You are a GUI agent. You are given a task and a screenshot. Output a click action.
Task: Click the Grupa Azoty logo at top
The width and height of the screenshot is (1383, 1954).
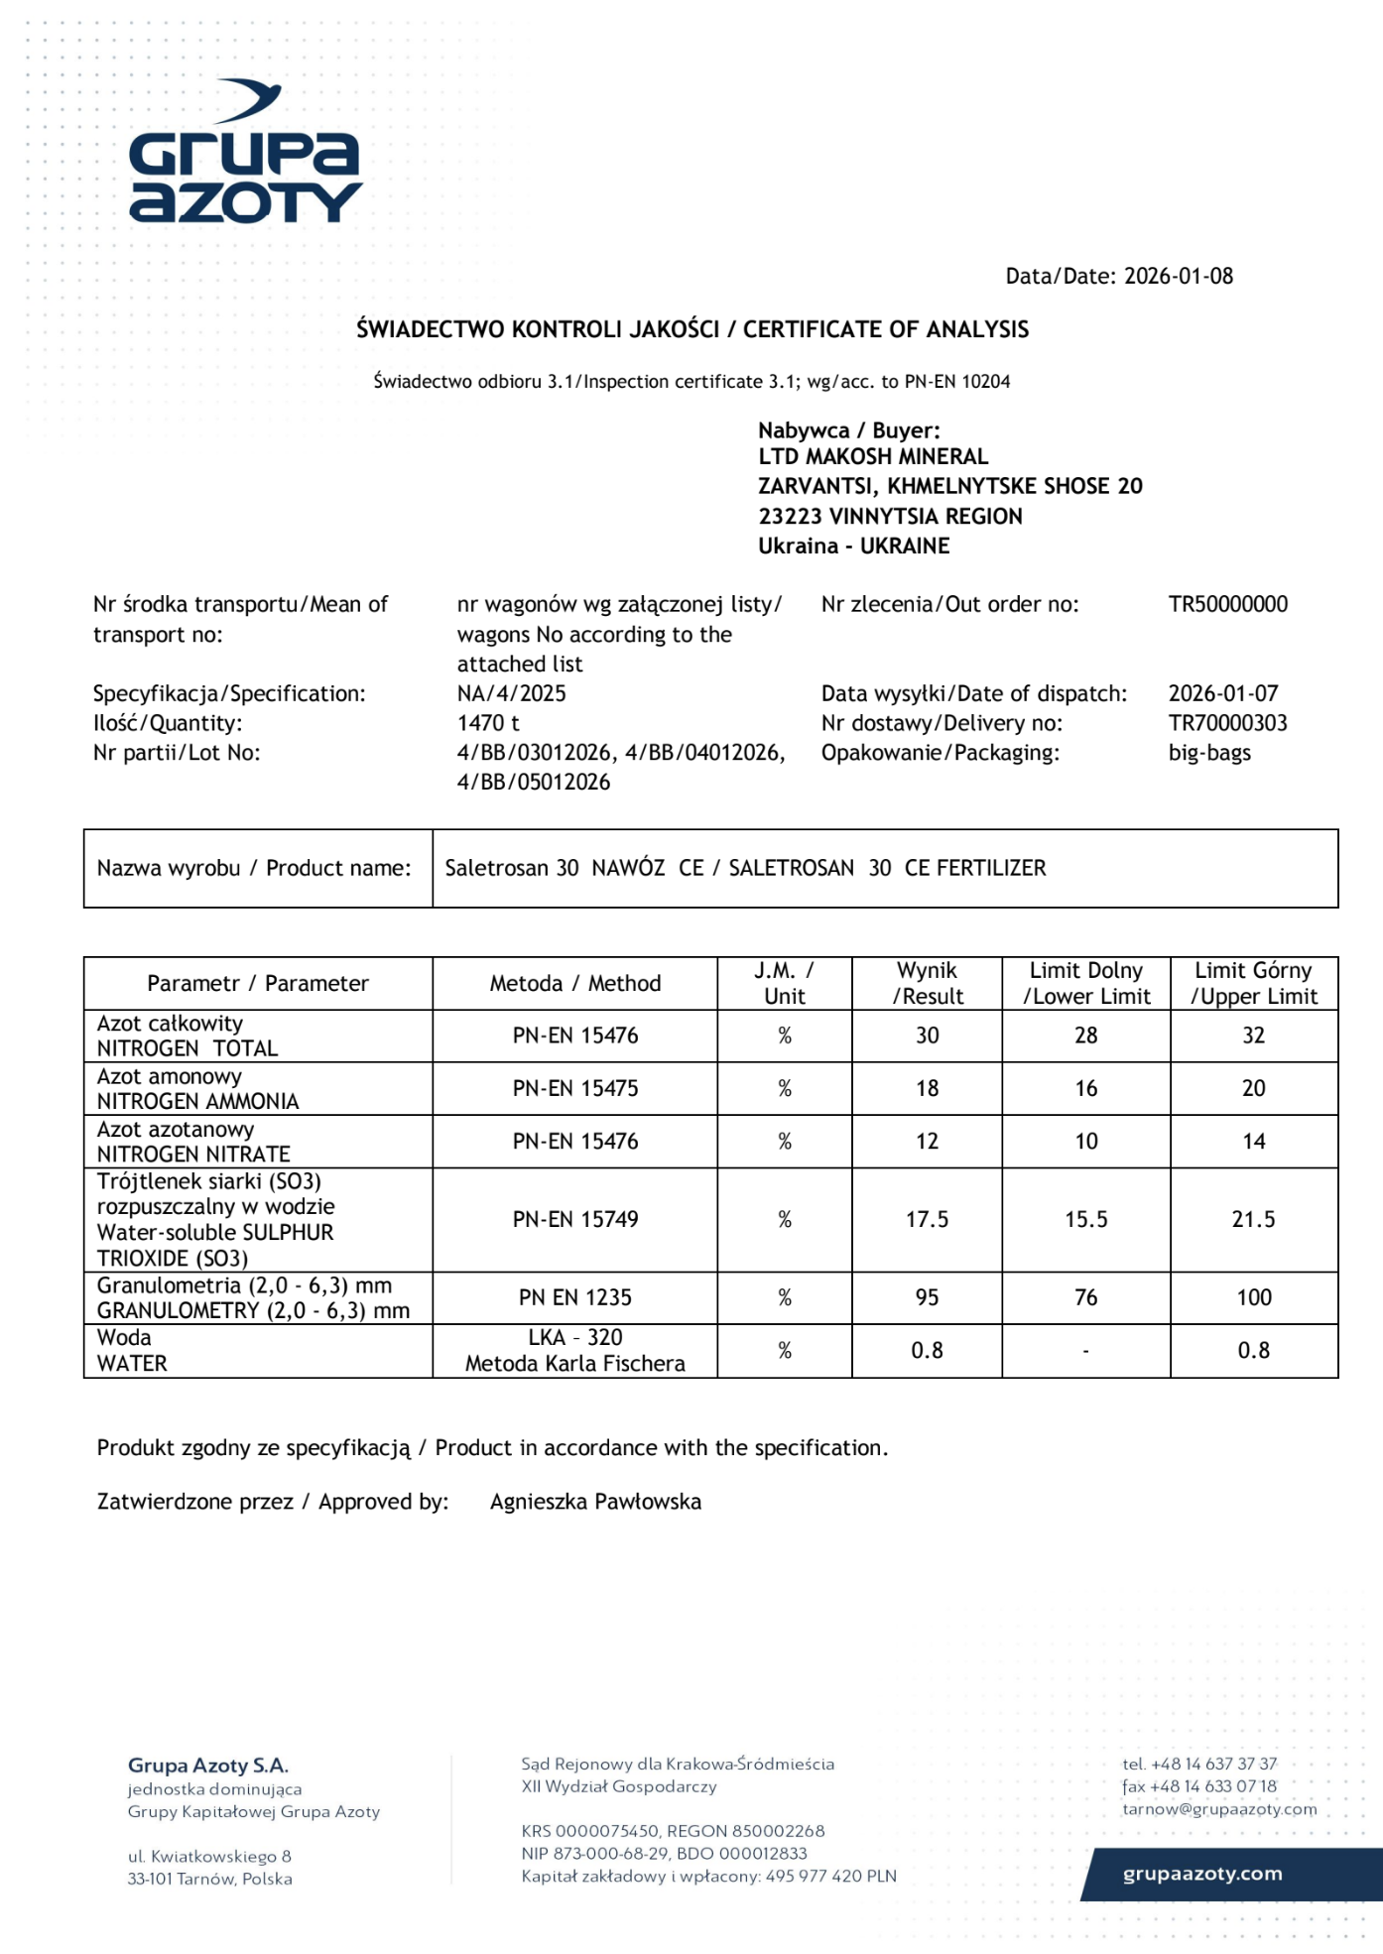point(245,153)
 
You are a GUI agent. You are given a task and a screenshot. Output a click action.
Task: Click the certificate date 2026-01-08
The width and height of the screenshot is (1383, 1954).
point(1178,277)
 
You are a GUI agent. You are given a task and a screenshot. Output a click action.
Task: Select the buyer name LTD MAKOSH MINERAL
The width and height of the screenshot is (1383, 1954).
point(873,457)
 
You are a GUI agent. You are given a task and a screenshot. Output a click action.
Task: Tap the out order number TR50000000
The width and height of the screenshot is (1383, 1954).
point(1227,605)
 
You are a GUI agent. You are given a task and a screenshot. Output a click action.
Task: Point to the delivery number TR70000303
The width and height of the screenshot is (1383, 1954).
point(1227,723)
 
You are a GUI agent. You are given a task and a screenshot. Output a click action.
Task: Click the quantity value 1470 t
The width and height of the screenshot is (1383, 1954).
point(488,723)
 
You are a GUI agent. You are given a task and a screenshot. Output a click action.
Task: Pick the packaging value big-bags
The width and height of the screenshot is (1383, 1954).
point(1209,753)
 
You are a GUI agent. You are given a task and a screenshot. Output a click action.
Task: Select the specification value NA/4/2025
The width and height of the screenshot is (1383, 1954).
point(511,693)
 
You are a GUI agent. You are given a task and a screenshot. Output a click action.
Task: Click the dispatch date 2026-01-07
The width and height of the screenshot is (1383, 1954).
point(1222,693)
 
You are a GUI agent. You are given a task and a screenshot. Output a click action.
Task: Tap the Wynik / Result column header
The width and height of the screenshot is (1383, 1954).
point(927,983)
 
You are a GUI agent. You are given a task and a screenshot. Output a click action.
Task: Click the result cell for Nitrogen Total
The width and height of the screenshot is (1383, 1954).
point(927,1036)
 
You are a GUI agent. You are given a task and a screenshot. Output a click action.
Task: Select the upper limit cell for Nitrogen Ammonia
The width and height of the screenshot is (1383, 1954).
point(1253,1088)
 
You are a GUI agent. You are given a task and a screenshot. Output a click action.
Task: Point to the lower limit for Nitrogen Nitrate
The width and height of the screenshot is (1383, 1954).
point(1085,1142)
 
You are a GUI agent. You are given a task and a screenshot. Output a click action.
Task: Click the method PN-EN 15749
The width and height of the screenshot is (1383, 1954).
point(575,1220)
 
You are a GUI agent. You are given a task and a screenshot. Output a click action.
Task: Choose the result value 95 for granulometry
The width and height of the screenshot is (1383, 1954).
point(927,1297)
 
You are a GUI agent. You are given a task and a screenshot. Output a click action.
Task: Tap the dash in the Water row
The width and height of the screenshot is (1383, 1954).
point(1085,1351)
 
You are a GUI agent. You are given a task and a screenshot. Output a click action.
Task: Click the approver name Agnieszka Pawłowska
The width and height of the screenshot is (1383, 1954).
point(595,1502)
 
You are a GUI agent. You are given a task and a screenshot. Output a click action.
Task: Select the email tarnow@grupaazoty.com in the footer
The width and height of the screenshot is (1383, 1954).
point(1219,1809)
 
